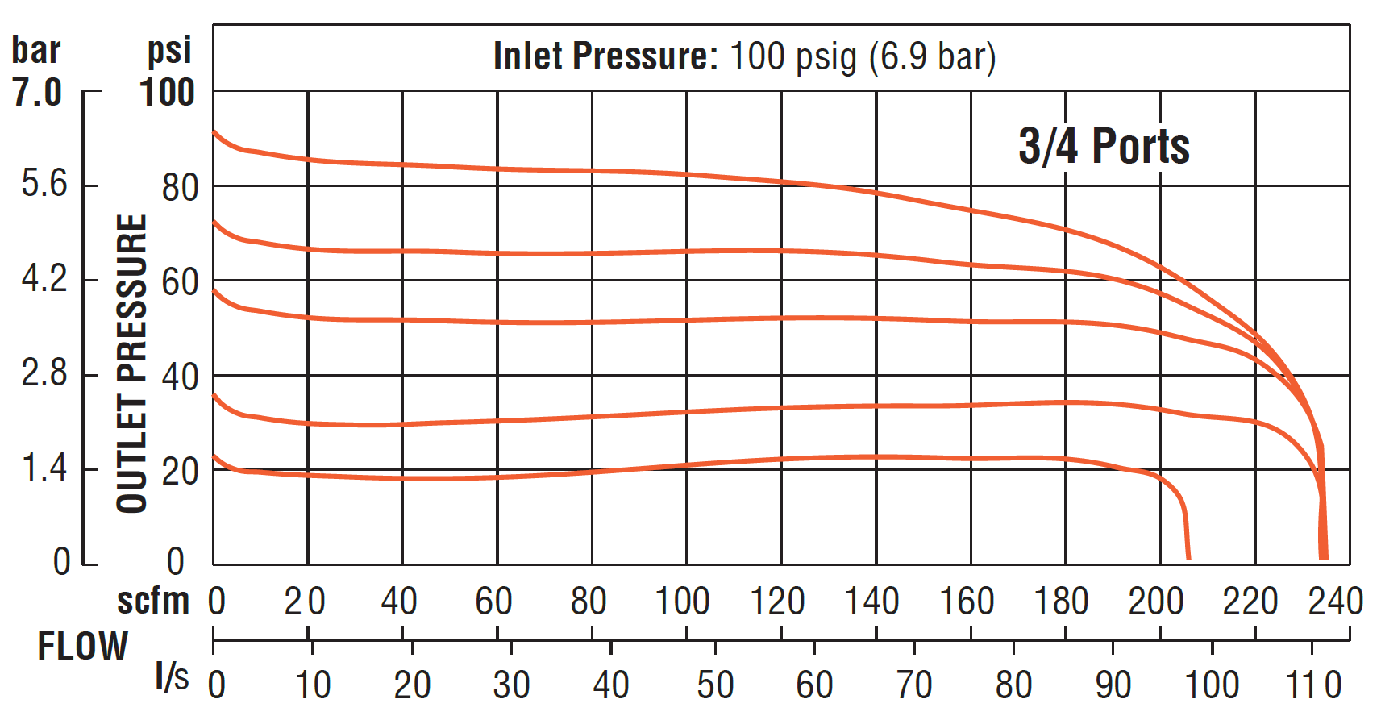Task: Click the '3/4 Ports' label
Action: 1104,147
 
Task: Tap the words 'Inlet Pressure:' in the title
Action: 605,56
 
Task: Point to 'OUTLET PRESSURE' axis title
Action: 132,363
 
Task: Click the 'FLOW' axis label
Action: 83,647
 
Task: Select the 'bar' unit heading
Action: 36,50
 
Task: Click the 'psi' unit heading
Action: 169,50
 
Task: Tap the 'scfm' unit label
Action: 153,602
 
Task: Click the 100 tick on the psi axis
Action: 167,93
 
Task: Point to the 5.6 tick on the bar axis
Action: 44,184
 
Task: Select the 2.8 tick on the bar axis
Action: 44,373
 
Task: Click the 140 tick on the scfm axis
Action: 872,602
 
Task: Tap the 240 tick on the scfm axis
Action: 1335,602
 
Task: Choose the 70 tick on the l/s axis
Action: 914,685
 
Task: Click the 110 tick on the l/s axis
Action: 1313,685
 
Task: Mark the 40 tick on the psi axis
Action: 180,377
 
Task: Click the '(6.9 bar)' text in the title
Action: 933,56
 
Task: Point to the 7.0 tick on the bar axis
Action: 37,93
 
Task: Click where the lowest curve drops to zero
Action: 1188,557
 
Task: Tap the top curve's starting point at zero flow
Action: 214,131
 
